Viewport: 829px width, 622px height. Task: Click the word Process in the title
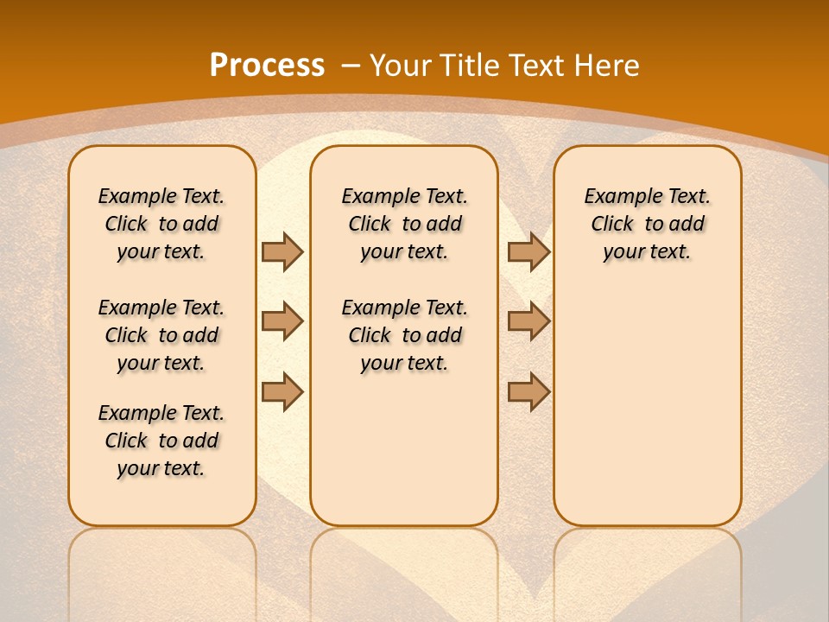pyautogui.click(x=267, y=65)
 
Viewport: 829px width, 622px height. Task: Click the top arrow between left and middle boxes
pyautogui.click(x=282, y=251)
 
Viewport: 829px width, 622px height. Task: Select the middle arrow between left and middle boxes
pyautogui.click(x=282, y=321)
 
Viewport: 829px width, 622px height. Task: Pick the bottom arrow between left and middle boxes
pyautogui.click(x=282, y=391)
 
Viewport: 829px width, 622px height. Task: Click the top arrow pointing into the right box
pyautogui.click(x=528, y=251)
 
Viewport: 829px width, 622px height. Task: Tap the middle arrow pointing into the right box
pyautogui.click(x=528, y=321)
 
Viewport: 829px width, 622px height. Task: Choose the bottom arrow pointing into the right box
pyautogui.click(x=528, y=391)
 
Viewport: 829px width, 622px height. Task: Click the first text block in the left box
pyautogui.click(x=161, y=224)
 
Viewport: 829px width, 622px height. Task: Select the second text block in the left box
pyautogui.click(x=161, y=335)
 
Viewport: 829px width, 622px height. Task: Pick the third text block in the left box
pyautogui.click(x=161, y=441)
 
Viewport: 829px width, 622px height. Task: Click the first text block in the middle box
pyautogui.click(x=404, y=224)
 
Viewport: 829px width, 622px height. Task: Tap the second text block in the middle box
pyautogui.click(x=404, y=335)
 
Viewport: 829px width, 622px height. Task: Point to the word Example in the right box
pyautogui.click(x=614, y=196)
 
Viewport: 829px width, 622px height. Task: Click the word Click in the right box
pyautogui.click(x=612, y=224)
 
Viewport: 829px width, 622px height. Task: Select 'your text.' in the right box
pyautogui.click(x=647, y=251)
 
